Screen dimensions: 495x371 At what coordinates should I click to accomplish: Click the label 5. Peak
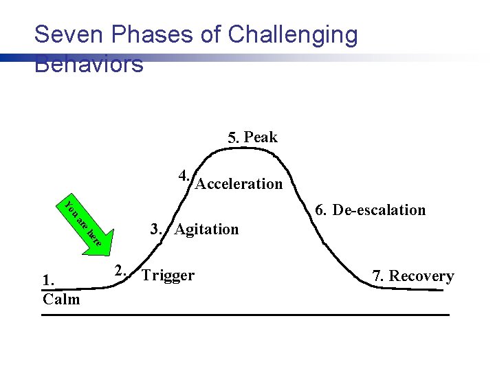(x=252, y=137)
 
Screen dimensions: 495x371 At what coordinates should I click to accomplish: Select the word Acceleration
(x=239, y=184)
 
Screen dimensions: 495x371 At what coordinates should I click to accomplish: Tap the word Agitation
(x=206, y=229)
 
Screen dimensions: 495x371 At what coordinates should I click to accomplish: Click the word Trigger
(x=168, y=276)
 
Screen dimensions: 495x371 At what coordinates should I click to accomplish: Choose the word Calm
(x=60, y=299)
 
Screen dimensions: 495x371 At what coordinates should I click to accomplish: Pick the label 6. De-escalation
(x=369, y=210)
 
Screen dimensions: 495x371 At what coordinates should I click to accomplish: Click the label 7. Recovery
(x=413, y=276)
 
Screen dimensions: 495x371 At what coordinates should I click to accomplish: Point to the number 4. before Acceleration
(x=184, y=175)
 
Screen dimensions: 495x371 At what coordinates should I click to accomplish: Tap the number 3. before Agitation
(x=156, y=228)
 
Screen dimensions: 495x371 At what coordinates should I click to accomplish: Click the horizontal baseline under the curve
(x=245, y=315)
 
